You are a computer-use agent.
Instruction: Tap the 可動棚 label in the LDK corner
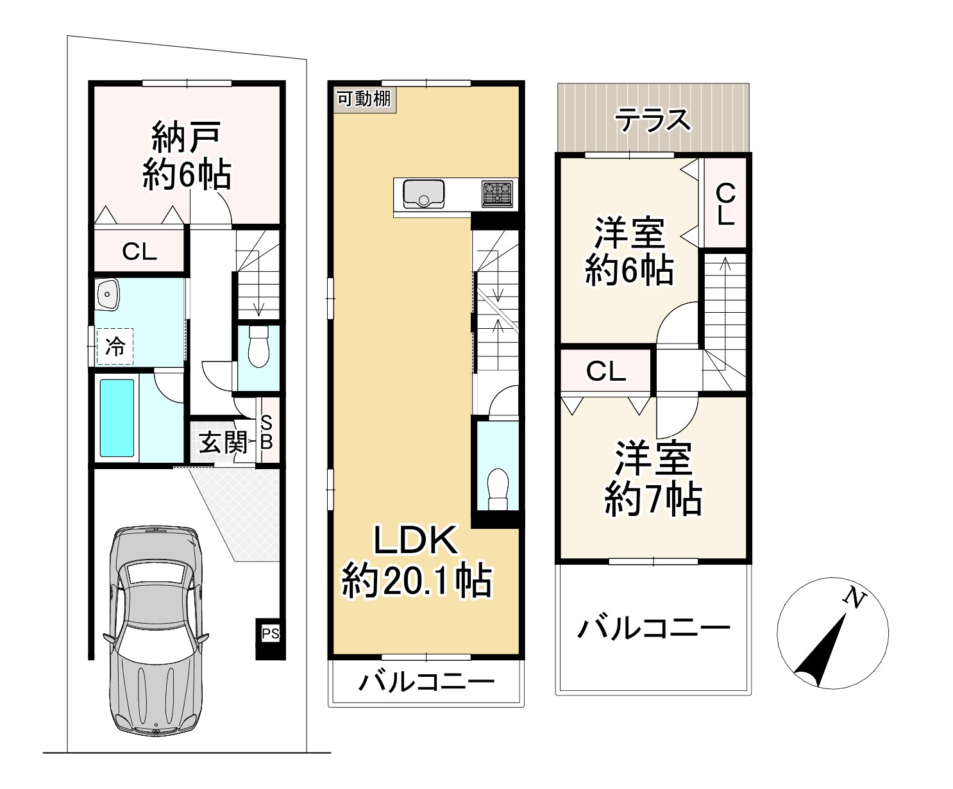coord(364,99)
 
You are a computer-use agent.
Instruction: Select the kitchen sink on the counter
coord(423,193)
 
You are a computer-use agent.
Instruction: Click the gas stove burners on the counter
coord(498,193)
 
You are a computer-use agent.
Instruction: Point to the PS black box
coord(271,635)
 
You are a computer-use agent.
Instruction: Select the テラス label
coord(653,120)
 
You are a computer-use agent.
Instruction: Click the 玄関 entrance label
coord(222,442)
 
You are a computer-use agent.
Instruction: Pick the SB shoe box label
coord(267,432)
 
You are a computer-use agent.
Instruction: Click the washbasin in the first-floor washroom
coord(108,295)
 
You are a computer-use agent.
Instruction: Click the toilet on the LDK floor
coord(497,490)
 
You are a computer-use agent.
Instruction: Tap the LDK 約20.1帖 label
coord(417,561)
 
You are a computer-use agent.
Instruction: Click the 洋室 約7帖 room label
coord(653,478)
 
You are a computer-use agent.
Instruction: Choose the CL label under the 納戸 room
coord(140,252)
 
